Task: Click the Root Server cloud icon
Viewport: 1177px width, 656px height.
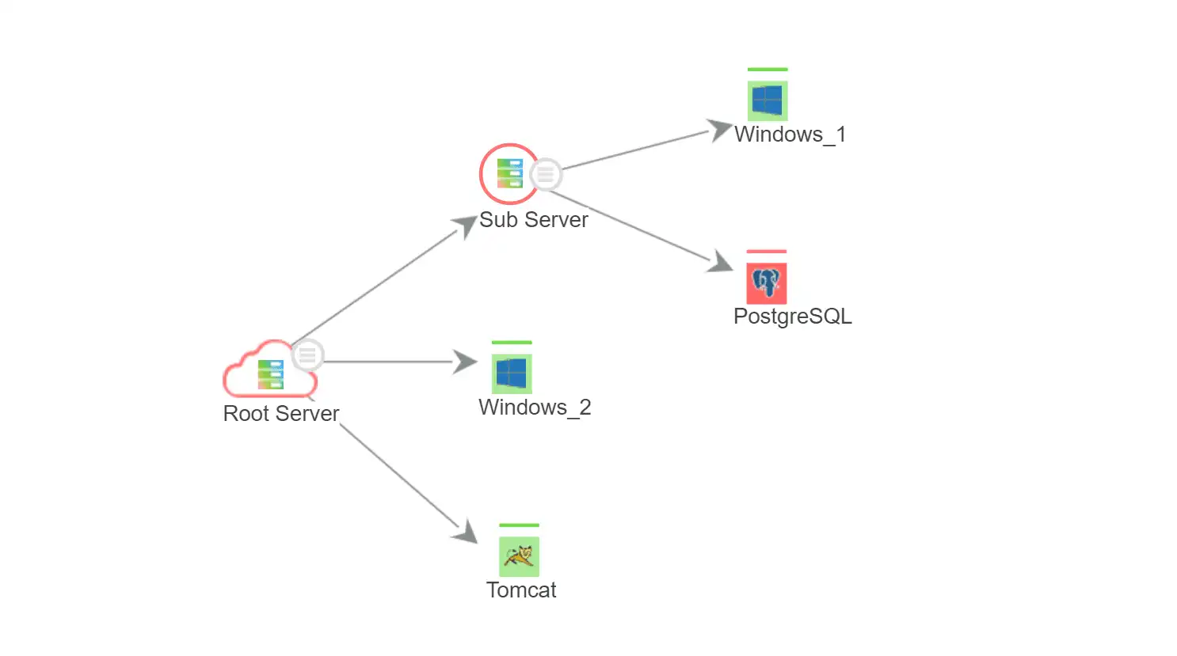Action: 269,373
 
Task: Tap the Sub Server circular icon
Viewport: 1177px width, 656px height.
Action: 509,173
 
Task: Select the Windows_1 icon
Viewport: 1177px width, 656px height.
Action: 768,100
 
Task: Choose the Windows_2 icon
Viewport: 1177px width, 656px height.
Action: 512,374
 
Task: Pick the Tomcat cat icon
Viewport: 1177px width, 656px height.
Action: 519,556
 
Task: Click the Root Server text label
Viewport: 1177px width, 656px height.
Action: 280,413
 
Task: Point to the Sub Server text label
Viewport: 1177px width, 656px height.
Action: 533,220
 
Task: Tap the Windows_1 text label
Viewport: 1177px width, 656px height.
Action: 790,135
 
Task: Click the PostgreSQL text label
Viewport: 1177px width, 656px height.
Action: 792,317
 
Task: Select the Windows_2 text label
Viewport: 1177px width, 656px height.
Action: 535,408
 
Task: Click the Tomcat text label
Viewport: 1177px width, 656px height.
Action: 521,590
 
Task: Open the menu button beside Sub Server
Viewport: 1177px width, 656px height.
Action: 546,175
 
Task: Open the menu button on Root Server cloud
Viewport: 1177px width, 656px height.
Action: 307,355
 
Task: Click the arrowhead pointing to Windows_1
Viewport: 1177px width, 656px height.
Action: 718,129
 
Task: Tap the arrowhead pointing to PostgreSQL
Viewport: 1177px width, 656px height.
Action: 720,262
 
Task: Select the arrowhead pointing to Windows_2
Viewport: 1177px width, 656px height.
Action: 465,362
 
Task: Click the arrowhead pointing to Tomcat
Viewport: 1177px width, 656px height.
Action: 466,533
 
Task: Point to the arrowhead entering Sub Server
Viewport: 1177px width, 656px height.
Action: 465,226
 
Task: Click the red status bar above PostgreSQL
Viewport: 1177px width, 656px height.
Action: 766,252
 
